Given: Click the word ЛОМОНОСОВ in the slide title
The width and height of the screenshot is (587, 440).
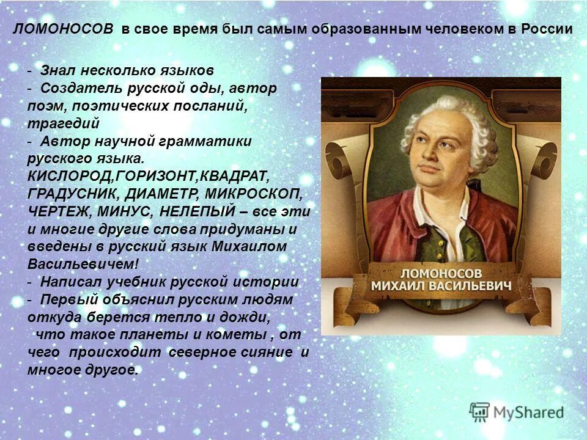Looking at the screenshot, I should coord(64,29).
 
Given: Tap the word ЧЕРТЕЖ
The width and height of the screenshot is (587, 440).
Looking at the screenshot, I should coord(56,212).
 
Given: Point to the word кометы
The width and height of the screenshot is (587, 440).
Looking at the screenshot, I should coord(239,335).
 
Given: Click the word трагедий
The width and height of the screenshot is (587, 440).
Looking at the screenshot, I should coord(64,123).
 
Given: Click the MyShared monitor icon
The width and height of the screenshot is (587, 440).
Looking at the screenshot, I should coord(480,412).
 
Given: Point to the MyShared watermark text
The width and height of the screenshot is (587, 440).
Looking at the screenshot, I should coord(529,413).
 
